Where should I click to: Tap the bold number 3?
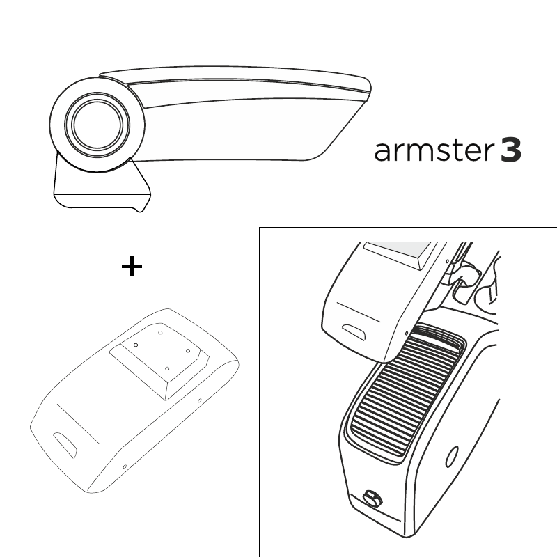pyautogui.click(x=511, y=150)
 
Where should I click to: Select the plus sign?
pyautogui.click(x=132, y=266)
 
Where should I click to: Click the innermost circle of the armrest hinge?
pyautogui.click(x=97, y=125)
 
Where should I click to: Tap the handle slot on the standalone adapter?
pyautogui.click(x=65, y=446)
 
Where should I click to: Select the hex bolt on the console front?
pyautogui.click(x=372, y=499)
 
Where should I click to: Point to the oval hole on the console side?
pyautogui.click(x=451, y=457)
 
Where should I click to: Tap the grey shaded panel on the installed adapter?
pyautogui.click(x=398, y=251)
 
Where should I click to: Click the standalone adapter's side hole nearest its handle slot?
pyautogui.click(x=125, y=466)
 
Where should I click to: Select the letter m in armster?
pyautogui.click(x=416, y=152)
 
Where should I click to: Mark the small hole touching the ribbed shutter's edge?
pyautogui.click(x=407, y=334)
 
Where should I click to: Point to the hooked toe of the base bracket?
pyautogui.click(x=141, y=207)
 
